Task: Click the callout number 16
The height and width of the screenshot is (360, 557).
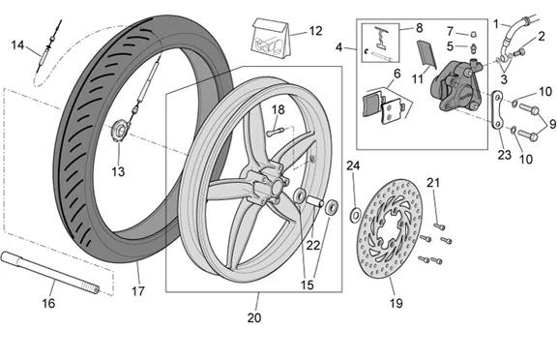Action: click(x=49, y=303)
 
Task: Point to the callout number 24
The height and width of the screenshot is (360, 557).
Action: click(x=353, y=165)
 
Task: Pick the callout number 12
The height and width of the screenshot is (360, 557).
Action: click(x=314, y=31)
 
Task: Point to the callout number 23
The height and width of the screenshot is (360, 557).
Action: click(x=504, y=152)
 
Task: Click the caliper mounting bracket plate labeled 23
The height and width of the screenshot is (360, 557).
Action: click(x=496, y=111)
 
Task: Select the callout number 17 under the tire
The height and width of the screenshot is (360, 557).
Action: click(x=137, y=289)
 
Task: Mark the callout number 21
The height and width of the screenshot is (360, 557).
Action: click(x=433, y=183)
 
